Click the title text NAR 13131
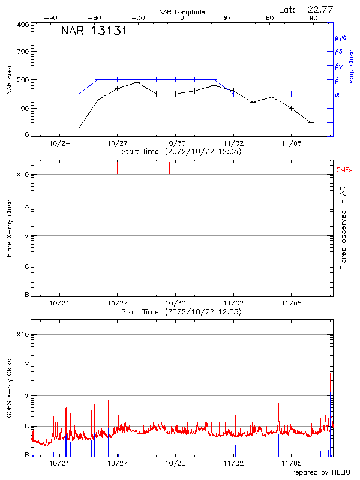point(94,31)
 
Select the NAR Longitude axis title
point(182,12)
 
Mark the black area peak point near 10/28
point(137,83)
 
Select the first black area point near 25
point(79,128)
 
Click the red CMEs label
point(345,170)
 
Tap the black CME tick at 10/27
point(118,168)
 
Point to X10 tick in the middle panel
point(23,175)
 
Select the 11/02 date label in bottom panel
point(234,464)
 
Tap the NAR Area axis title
point(10,80)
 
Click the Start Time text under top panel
point(181,152)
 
